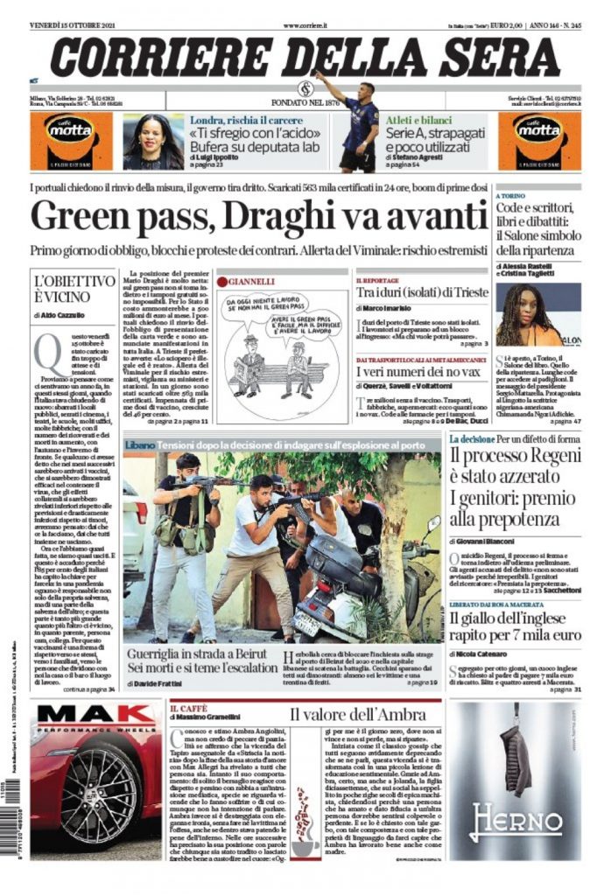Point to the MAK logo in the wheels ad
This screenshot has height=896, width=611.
[84, 714]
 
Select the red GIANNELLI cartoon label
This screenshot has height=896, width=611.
[254, 281]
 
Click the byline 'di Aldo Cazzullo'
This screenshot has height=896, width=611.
[55, 314]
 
